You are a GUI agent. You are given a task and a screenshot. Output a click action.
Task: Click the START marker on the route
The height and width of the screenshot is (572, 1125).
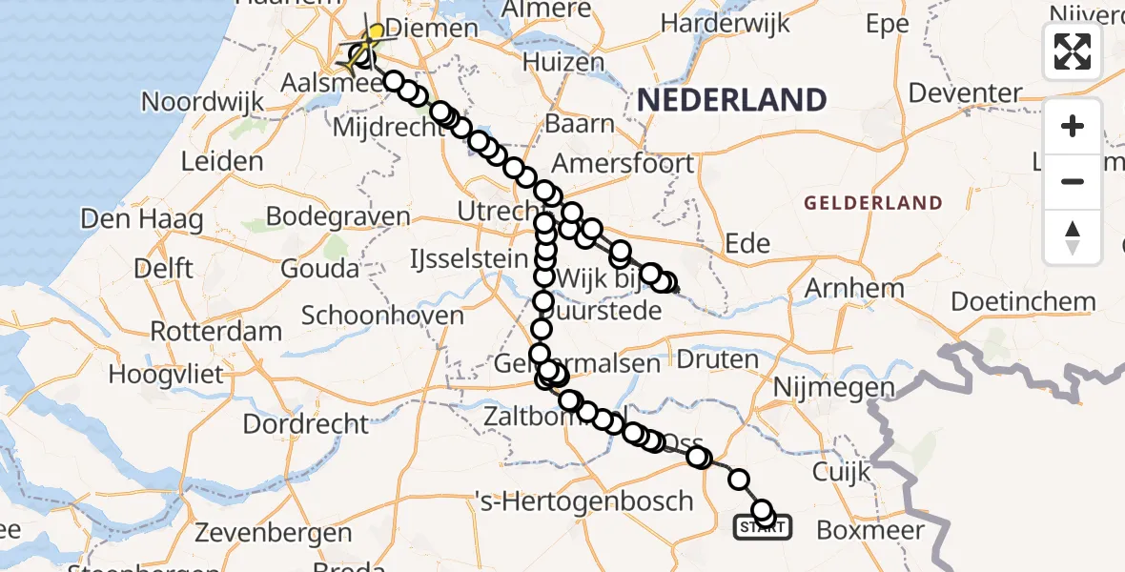pyautogui.click(x=761, y=526)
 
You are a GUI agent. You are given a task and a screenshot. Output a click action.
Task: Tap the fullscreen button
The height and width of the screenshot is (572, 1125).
pyautogui.click(x=1073, y=51)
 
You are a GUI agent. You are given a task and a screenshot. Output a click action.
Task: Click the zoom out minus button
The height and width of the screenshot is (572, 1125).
pyautogui.click(x=1073, y=181)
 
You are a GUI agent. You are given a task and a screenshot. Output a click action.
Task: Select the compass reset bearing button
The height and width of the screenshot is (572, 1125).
pyautogui.click(x=1073, y=236)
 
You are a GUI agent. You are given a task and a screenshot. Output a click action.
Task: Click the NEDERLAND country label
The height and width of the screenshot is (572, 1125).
pyautogui.click(x=731, y=99)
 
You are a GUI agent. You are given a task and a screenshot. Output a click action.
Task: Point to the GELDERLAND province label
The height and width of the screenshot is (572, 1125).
pyautogui.click(x=872, y=203)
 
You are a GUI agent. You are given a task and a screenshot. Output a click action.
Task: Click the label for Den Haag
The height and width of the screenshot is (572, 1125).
pyautogui.click(x=141, y=220)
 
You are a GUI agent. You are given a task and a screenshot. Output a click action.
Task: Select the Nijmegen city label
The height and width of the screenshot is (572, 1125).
pyautogui.click(x=834, y=388)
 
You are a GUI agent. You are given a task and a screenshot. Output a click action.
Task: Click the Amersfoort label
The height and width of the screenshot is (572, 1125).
pyautogui.click(x=623, y=163)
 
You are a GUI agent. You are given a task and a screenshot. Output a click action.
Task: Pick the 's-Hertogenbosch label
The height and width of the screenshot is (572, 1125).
pyautogui.click(x=583, y=500)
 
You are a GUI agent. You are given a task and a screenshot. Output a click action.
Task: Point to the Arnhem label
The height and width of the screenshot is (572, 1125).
pyautogui.click(x=854, y=287)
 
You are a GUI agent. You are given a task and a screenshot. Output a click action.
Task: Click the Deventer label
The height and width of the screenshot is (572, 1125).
pyautogui.click(x=965, y=93)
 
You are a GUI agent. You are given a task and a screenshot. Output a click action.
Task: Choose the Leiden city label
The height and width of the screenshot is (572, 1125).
pyautogui.click(x=221, y=160)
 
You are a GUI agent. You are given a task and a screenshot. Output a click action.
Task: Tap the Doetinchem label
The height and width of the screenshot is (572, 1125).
pyautogui.click(x=1023, y=302)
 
